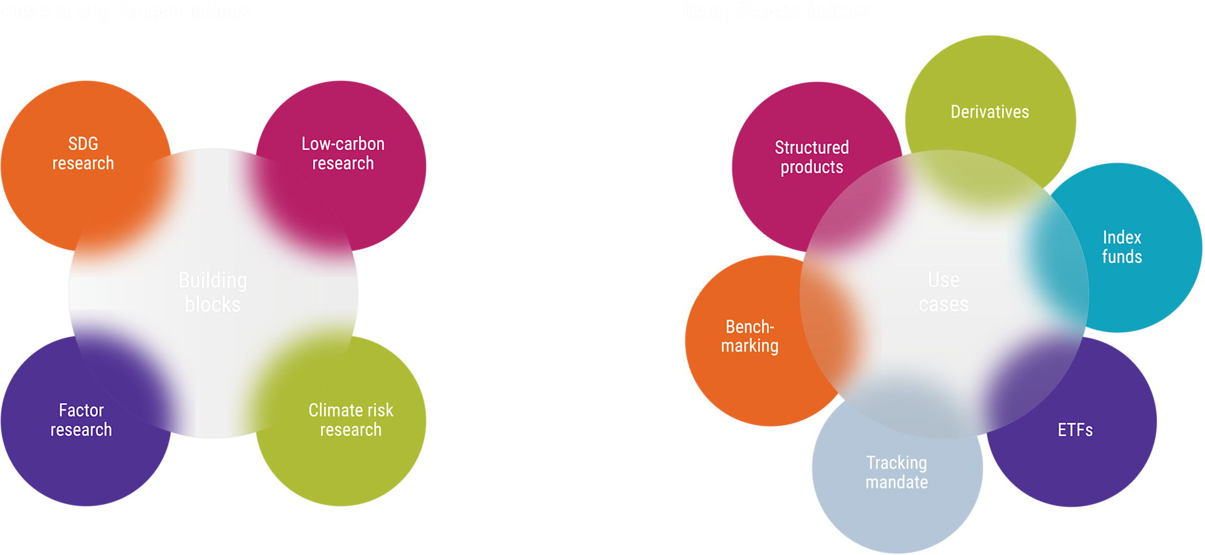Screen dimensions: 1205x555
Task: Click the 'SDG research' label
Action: [83, 153]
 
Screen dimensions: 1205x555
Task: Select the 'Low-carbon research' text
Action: [343, 153]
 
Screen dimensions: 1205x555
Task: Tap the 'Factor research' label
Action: [82, 419]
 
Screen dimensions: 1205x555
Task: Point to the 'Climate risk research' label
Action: [351, 419]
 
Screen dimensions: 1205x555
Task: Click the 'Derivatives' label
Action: [990, 112]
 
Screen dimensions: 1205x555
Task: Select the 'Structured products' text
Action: [811, 157]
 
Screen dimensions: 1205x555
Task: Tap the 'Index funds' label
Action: [1122, 247]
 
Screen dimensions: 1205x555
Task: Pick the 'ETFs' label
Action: [1075, 430]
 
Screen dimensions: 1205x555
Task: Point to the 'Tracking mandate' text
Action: [896, 472]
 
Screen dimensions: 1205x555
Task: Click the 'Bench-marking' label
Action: [750, 336]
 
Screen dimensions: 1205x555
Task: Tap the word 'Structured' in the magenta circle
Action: [811, 148]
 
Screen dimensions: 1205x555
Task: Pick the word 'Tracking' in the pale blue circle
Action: [896, 463]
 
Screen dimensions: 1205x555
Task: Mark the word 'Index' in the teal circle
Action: [1122, 237]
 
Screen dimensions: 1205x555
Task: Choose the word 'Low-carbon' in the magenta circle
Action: [343, 144]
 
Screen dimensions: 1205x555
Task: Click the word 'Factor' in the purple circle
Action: [82, 410]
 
